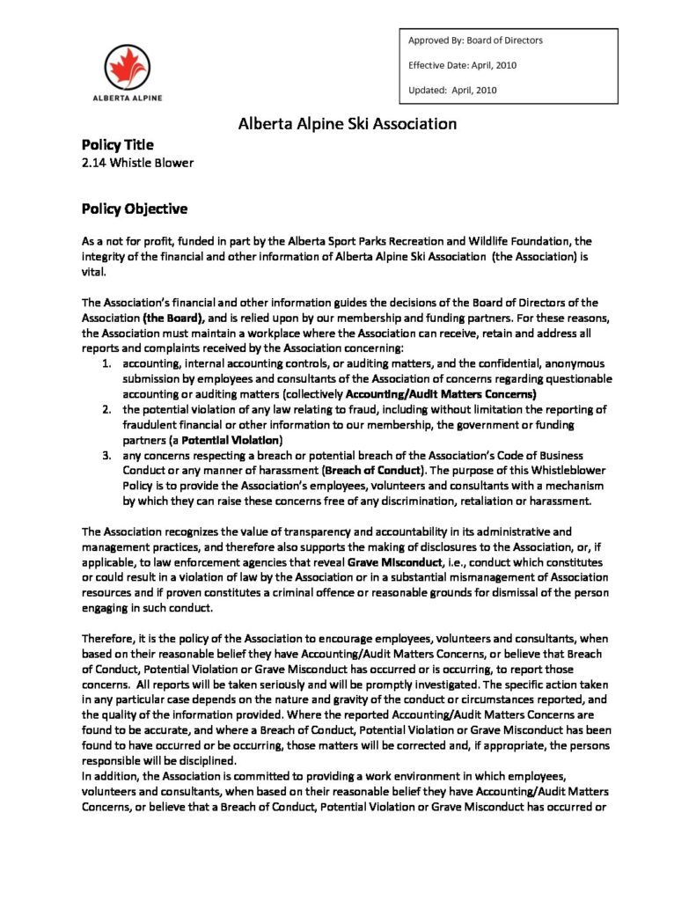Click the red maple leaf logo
[127, 67]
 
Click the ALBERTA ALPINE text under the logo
[127, 98]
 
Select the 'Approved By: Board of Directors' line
[475, 40]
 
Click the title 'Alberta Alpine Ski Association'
[348, 124]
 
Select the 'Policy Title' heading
[117, 144]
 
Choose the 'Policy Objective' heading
[134, 209]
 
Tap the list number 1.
[106, 363]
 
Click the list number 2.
[106, 410]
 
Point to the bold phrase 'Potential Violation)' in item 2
[231, 439]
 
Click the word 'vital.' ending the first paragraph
[92, 273]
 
